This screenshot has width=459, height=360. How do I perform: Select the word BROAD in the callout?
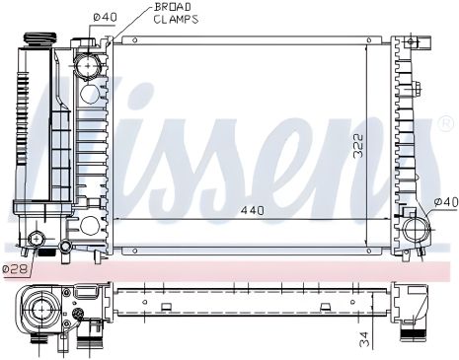tap(173, 7)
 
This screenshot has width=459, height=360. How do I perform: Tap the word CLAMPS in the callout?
tap(177, 19)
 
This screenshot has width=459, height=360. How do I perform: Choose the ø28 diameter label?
tap(15, 268)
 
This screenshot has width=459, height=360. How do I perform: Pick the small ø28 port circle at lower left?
tap(38, 238)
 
